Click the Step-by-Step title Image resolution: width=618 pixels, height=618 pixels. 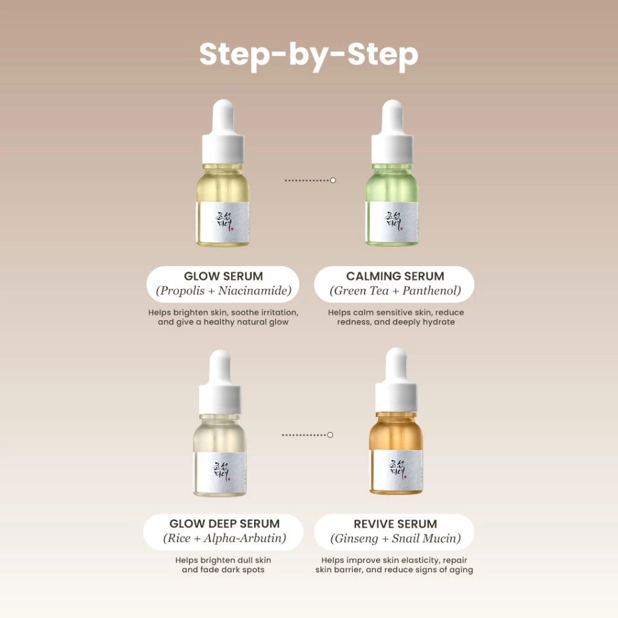point(308,55)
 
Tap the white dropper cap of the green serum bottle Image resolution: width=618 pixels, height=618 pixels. point(392,132)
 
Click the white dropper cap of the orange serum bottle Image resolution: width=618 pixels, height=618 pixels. point(396,380)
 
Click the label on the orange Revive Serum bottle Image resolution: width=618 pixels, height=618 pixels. point(396,469)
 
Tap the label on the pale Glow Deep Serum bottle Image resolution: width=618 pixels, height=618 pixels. point(220,472)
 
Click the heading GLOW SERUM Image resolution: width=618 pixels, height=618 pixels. point(223,276)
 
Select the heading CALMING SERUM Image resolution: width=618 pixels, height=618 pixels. point(395,276)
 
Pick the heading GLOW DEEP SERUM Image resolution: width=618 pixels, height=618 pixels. point(225,523)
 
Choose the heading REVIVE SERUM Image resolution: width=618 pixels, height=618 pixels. point(395,524)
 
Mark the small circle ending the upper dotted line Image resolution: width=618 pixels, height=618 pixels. point(333,180)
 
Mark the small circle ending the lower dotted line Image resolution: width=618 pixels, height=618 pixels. point(330,435)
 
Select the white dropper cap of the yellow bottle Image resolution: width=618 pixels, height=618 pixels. point(223,132)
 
